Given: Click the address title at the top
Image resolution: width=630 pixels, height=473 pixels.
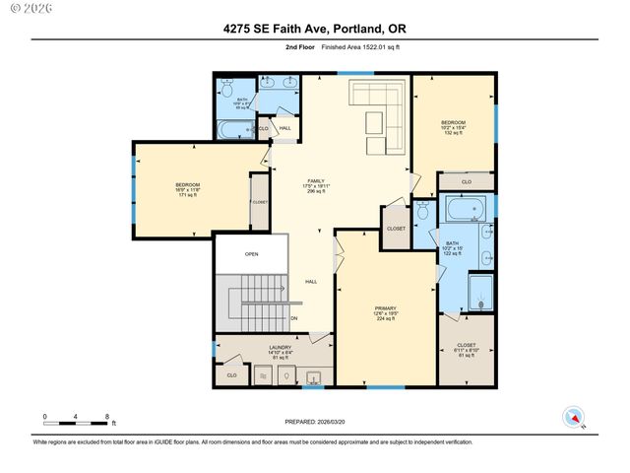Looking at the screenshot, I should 315,30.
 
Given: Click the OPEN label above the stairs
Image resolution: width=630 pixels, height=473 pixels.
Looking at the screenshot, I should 252,253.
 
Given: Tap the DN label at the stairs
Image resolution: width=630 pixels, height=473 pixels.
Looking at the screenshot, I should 293,318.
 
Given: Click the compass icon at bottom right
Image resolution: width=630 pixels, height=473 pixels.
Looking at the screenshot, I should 573,418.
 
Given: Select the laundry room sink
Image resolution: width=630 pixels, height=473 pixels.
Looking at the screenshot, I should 315,376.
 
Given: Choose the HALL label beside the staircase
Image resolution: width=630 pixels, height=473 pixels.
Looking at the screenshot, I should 310,283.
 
